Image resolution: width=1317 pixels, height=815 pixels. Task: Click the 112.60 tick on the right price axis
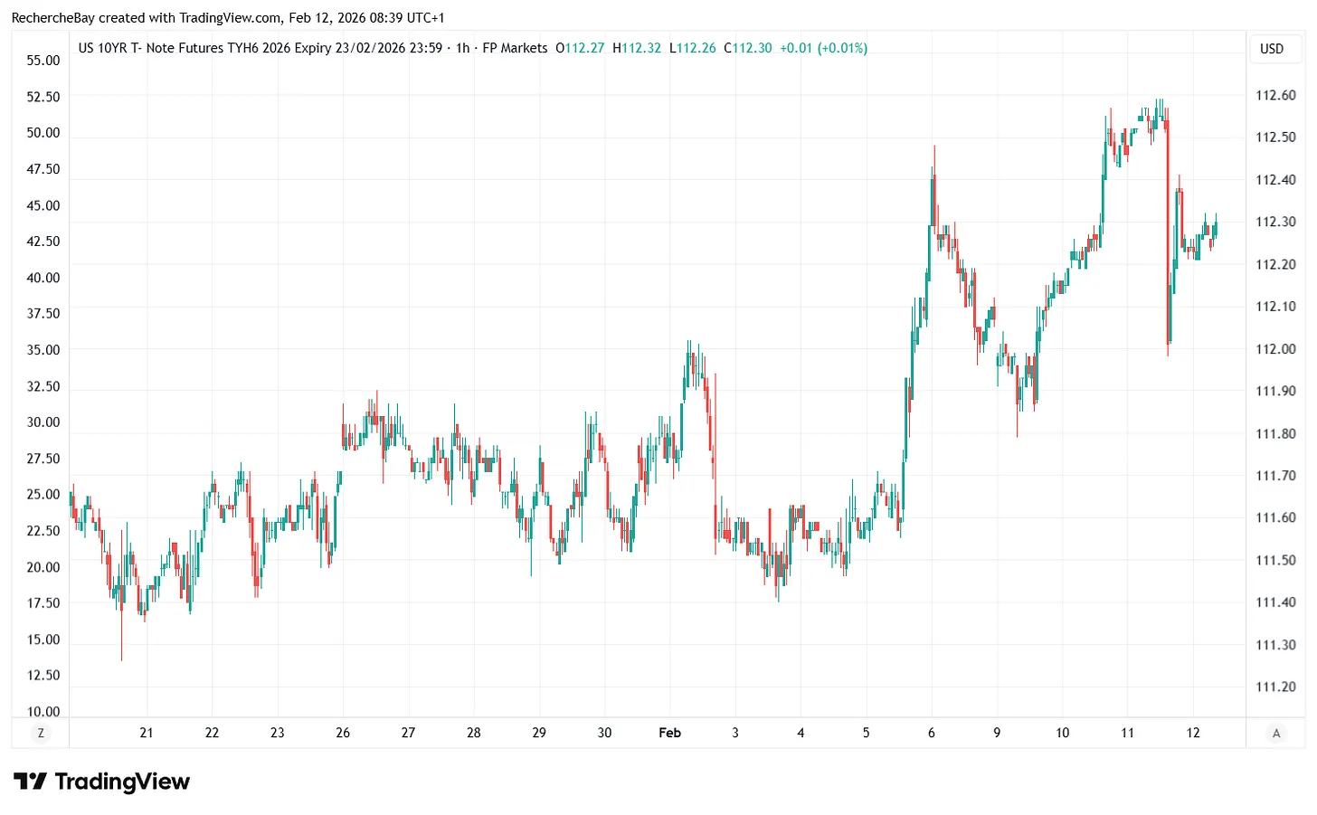[x=1274, y=95]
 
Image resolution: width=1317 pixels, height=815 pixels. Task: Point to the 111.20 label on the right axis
[x=1274, y=687]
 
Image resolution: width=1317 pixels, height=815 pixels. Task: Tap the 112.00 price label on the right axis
[x=1274, y=349]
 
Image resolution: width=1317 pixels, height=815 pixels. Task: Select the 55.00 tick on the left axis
[x=43, y=61]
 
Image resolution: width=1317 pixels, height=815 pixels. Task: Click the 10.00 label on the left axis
[x=43, y=711]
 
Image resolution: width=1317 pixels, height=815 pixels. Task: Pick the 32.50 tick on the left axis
[x=43, y=386]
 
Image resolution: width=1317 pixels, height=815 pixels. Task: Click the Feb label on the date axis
[x=669, y=733]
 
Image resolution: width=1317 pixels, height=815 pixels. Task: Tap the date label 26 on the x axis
[x=343, y=733]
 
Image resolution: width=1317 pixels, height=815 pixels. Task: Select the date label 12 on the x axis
[x=1193, y=733]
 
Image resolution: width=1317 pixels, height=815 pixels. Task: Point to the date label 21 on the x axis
[x=147, y=733]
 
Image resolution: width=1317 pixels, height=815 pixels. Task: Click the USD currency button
[x=1272, y=49]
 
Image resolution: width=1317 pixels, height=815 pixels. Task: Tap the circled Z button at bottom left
[x=41, y=734]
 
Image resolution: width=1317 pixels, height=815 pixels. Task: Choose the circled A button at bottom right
[x=1276, y=734]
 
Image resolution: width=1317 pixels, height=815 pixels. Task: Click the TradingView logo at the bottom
[x=101, y=782]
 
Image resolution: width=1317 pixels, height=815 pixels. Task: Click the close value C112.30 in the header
[x=748, y=48]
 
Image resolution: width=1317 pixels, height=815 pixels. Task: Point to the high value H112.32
[x=637, y=48]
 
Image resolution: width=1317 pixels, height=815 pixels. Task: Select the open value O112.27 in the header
[x=580, y=48]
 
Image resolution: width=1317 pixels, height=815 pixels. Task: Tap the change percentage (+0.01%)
[x=842, y=48]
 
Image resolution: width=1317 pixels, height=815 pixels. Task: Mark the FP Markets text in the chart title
[x=515, y=48]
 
